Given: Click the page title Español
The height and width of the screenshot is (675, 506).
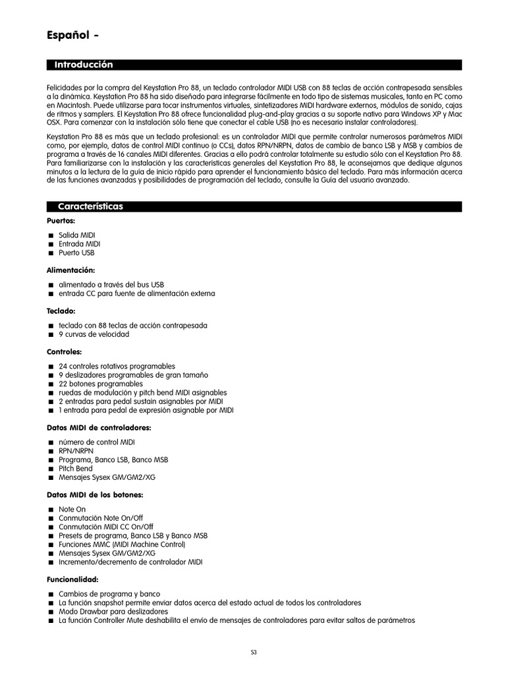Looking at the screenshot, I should click(69, 36).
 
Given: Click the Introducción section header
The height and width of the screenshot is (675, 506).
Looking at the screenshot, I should click(84, 65).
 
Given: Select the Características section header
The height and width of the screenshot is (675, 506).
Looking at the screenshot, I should click(90, 206).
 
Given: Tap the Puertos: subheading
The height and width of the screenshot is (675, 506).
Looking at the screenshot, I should click(61, 221).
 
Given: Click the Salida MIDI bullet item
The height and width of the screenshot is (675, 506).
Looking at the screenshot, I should click(77, 235).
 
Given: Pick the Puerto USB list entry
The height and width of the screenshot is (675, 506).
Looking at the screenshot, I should click(76, 252).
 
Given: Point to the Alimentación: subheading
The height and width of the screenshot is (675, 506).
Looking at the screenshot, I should click(70, 270).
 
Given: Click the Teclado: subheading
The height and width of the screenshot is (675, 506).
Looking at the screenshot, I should click(61, 310).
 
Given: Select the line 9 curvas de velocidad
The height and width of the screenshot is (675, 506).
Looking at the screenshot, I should click(94, 334).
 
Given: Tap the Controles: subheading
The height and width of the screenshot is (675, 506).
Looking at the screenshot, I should click(64, 351).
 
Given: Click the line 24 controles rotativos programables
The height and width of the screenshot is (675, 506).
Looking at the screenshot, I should click(117, 366).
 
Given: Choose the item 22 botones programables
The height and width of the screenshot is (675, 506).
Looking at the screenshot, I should click(100, 384).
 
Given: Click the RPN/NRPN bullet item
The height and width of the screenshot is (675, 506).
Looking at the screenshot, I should click(76, 451).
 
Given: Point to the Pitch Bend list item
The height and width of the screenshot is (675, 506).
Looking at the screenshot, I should click(76, 469).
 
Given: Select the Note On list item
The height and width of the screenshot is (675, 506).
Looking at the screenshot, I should click(72, 510).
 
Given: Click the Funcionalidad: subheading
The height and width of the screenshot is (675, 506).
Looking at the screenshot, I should click(72, 579).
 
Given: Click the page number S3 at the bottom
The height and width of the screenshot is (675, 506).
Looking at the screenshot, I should click(253, 653).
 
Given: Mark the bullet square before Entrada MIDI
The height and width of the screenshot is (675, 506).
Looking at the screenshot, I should click(50, 245).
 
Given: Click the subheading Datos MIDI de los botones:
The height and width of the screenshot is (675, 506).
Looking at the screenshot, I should click(94, 494).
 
